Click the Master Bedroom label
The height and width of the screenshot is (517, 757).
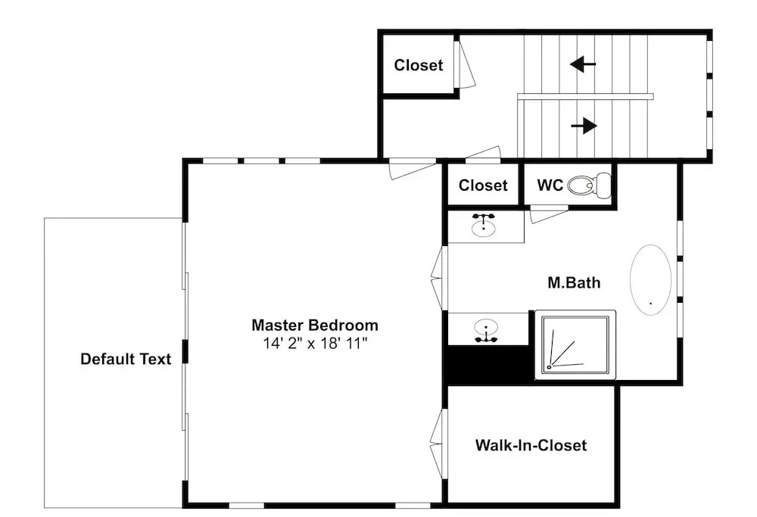pos(315,325)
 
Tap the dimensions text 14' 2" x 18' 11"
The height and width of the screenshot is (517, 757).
pos(315,343)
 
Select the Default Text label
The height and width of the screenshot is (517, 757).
pos(126,359)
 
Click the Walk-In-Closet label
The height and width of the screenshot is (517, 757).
pos(531,445)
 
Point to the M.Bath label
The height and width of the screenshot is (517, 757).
pos(574,282)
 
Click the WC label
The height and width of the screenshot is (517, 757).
pos(550,185)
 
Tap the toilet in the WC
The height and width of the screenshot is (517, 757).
pos(589,185)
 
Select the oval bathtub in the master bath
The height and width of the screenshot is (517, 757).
pos(651,280)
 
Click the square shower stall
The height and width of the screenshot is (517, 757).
pos(575,344)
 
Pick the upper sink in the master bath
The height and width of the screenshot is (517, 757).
pos(483,225)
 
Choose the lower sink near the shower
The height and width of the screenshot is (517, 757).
pos(486,331)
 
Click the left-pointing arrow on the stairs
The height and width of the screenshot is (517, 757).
pos(583,64)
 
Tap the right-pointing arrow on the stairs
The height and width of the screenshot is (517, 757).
pos(584,126)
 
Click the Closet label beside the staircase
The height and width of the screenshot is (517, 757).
pos(419,65)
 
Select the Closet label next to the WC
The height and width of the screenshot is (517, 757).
pos(483,185)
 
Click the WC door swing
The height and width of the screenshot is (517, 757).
pos(549,214)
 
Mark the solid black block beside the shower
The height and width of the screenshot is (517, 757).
pos(489,365)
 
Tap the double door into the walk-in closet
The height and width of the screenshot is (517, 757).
pos(438,444)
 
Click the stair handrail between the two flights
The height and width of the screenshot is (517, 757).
pos(585,97)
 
